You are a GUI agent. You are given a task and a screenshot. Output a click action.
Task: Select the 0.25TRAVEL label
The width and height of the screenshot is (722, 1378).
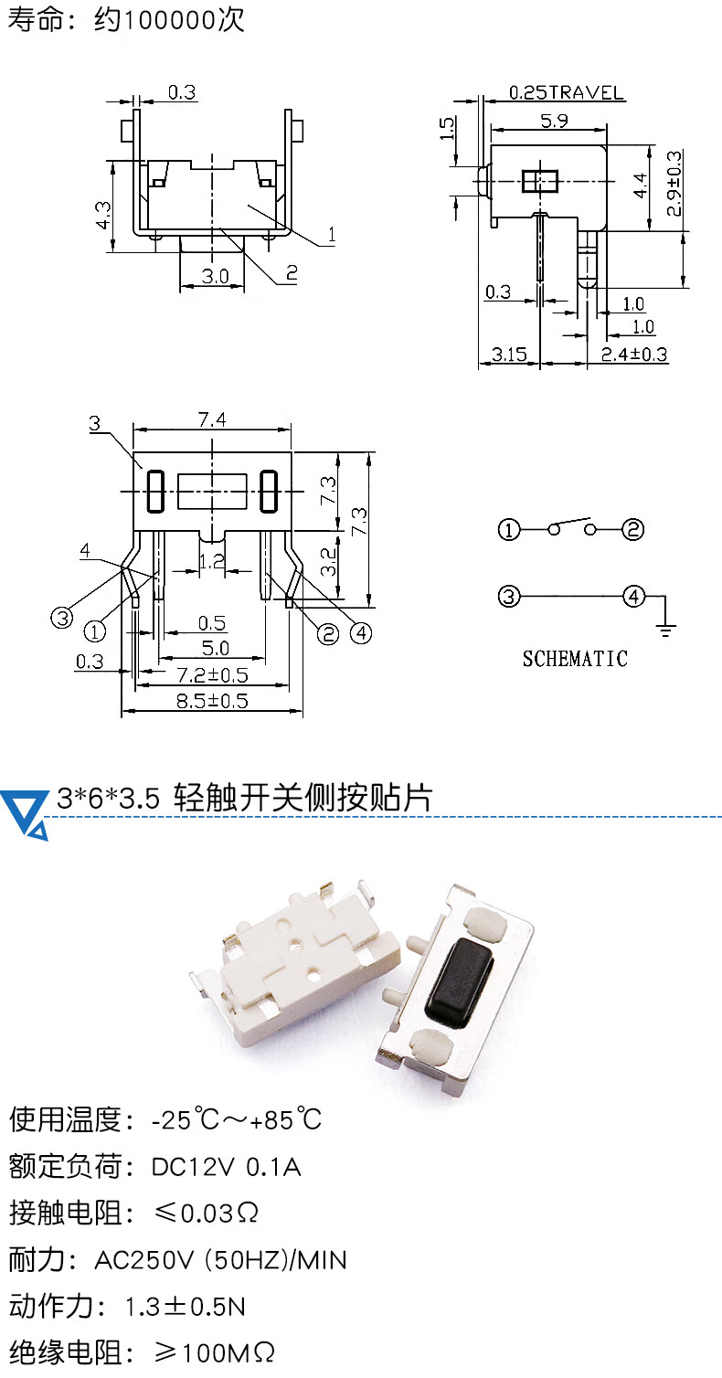566,92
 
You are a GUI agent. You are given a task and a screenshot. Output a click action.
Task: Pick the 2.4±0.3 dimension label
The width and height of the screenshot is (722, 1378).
634,354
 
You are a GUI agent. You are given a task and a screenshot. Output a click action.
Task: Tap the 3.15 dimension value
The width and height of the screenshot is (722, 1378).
509,354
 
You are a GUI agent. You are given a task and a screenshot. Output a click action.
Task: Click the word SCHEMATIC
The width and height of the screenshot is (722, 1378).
575,658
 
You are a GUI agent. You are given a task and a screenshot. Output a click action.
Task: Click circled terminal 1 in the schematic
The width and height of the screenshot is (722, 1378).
509,529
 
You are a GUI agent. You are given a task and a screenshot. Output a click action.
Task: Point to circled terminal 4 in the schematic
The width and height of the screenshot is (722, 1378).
633,597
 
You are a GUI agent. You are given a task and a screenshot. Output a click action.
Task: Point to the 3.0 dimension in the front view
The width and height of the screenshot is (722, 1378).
215,276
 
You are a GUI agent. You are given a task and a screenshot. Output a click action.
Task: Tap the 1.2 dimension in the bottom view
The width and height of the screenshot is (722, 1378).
211,562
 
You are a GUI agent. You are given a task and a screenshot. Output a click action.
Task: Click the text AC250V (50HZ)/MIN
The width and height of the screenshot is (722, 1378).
220,1260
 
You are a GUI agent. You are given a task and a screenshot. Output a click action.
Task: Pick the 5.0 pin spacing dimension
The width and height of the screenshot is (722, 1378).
211,648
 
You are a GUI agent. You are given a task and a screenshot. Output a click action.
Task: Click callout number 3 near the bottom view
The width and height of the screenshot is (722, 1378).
94,423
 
